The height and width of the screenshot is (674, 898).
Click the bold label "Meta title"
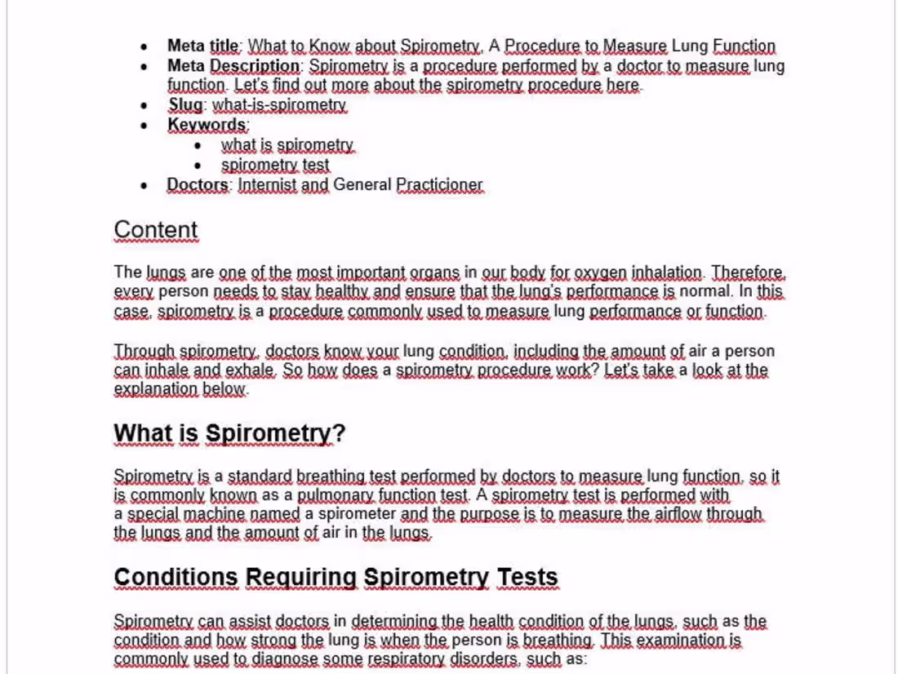coord(203,47)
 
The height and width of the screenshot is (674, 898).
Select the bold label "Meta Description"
coord(233,66)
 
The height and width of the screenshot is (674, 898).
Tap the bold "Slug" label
coord(184,105)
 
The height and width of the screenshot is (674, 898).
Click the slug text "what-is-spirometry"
coord(279,105)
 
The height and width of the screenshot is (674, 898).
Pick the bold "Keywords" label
coord(207,125)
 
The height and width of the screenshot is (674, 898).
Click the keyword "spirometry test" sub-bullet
coord(275,165)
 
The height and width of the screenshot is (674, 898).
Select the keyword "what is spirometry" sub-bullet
coord(287,145)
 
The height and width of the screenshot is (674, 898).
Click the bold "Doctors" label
coord(198,185)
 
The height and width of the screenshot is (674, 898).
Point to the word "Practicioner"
coord(439,185)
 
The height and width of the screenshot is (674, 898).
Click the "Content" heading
coord(156,230)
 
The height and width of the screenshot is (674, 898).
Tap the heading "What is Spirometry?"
coord(229,433)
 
